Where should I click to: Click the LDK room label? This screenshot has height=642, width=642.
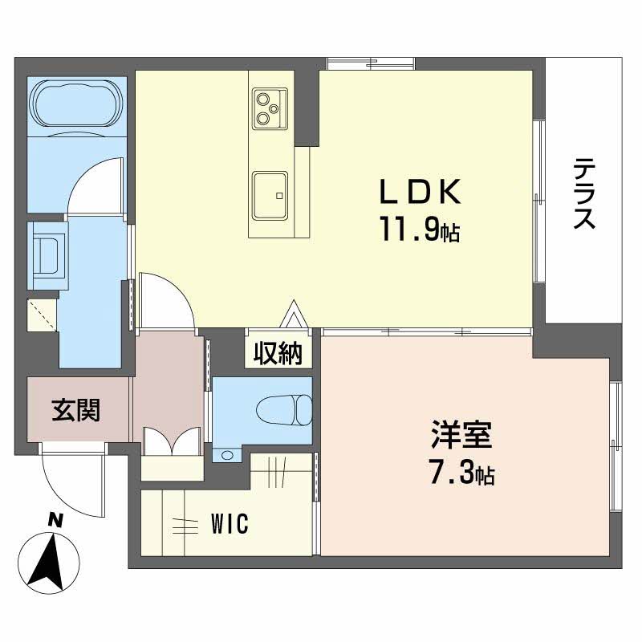coord(419,193)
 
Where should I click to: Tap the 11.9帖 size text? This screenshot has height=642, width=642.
coord(419,232)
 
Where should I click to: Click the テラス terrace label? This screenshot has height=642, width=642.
coord(584,193)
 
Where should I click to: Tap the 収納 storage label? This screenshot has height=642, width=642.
coord(278,353)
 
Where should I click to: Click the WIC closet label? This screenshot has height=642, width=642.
coord(230,525)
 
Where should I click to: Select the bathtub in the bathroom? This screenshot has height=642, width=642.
coord(78,107)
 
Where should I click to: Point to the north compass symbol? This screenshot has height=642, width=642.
coord(51,560)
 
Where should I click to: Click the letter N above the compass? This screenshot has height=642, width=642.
coord(54,519)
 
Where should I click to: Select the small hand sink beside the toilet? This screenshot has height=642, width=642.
coord(226,455)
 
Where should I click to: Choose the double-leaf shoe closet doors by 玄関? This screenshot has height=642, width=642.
coord(170,441)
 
